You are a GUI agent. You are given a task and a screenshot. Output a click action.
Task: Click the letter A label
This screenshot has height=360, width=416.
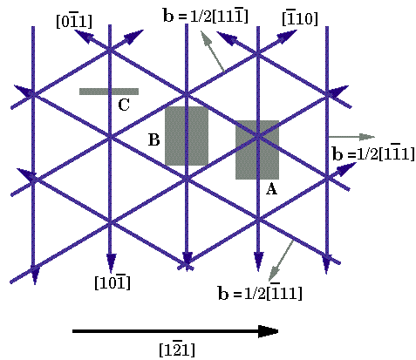[x=271, y=189]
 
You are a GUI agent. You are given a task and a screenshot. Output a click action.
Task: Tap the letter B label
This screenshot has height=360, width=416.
[x=154, y=139]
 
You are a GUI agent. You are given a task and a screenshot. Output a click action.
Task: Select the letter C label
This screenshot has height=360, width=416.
[x=124, y=105]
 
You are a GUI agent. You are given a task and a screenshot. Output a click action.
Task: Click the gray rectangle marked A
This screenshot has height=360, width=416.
[x=257, y=150]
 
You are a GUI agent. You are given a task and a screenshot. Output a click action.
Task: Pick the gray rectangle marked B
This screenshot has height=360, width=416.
[x=187, y=136]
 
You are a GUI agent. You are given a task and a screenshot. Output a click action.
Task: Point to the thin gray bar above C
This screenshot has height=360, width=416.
[x=109, y=92]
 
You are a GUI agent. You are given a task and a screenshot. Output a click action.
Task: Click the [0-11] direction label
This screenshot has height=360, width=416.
[x=74, y=22]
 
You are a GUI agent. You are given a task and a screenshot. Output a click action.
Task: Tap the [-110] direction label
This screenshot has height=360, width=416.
[x=300, y=18]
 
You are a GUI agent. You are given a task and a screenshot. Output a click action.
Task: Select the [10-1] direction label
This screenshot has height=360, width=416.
[x=113, y=282]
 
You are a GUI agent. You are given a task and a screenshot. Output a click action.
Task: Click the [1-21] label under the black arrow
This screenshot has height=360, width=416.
[x=177, y=350]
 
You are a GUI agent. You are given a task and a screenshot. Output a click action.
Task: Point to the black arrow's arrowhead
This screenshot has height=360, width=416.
[x=269, y=331]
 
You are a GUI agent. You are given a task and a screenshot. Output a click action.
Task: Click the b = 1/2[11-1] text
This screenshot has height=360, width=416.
[x=206, y=16]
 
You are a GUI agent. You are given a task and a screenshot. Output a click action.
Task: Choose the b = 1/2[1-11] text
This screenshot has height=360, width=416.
[x=373, y=153]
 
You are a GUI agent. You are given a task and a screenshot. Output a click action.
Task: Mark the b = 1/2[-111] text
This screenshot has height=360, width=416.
[x=260, y=292]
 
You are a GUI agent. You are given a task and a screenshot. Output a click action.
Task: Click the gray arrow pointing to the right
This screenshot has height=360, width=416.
[x=351, y=137]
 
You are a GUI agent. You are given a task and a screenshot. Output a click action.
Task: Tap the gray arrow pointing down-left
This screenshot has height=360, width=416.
[x=281, y=260]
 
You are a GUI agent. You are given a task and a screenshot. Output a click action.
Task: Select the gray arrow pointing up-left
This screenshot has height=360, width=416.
[x=212, y=51]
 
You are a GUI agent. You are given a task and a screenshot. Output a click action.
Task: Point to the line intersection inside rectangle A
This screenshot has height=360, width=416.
[x=257, y=136]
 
